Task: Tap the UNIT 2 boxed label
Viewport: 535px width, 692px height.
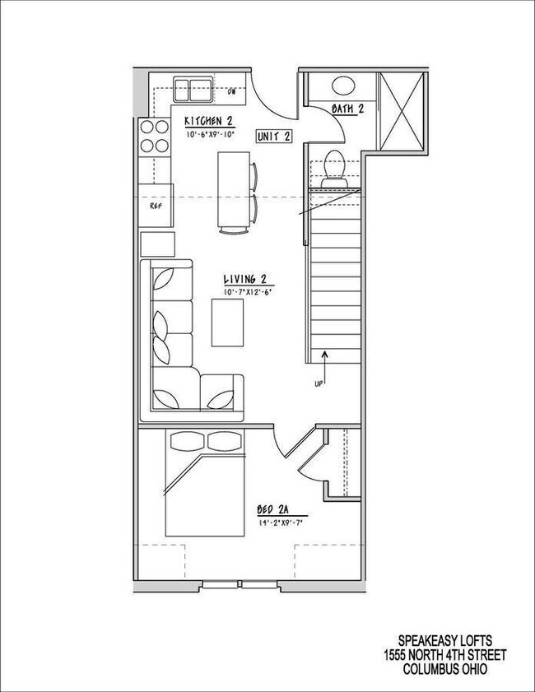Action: click(x=272, y=137)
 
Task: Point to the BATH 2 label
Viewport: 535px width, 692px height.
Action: click(x=347, y=109)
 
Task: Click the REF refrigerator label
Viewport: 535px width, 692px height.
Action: click(x=154, y=207)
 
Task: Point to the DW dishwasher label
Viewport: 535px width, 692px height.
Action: click(x=232, y=91)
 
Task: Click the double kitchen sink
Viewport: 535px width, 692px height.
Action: click(x=192, y=86)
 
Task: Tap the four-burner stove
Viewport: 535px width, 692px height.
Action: click(x=152, y=137)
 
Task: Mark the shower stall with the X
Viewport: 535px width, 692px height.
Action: click(x=401, y=110)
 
